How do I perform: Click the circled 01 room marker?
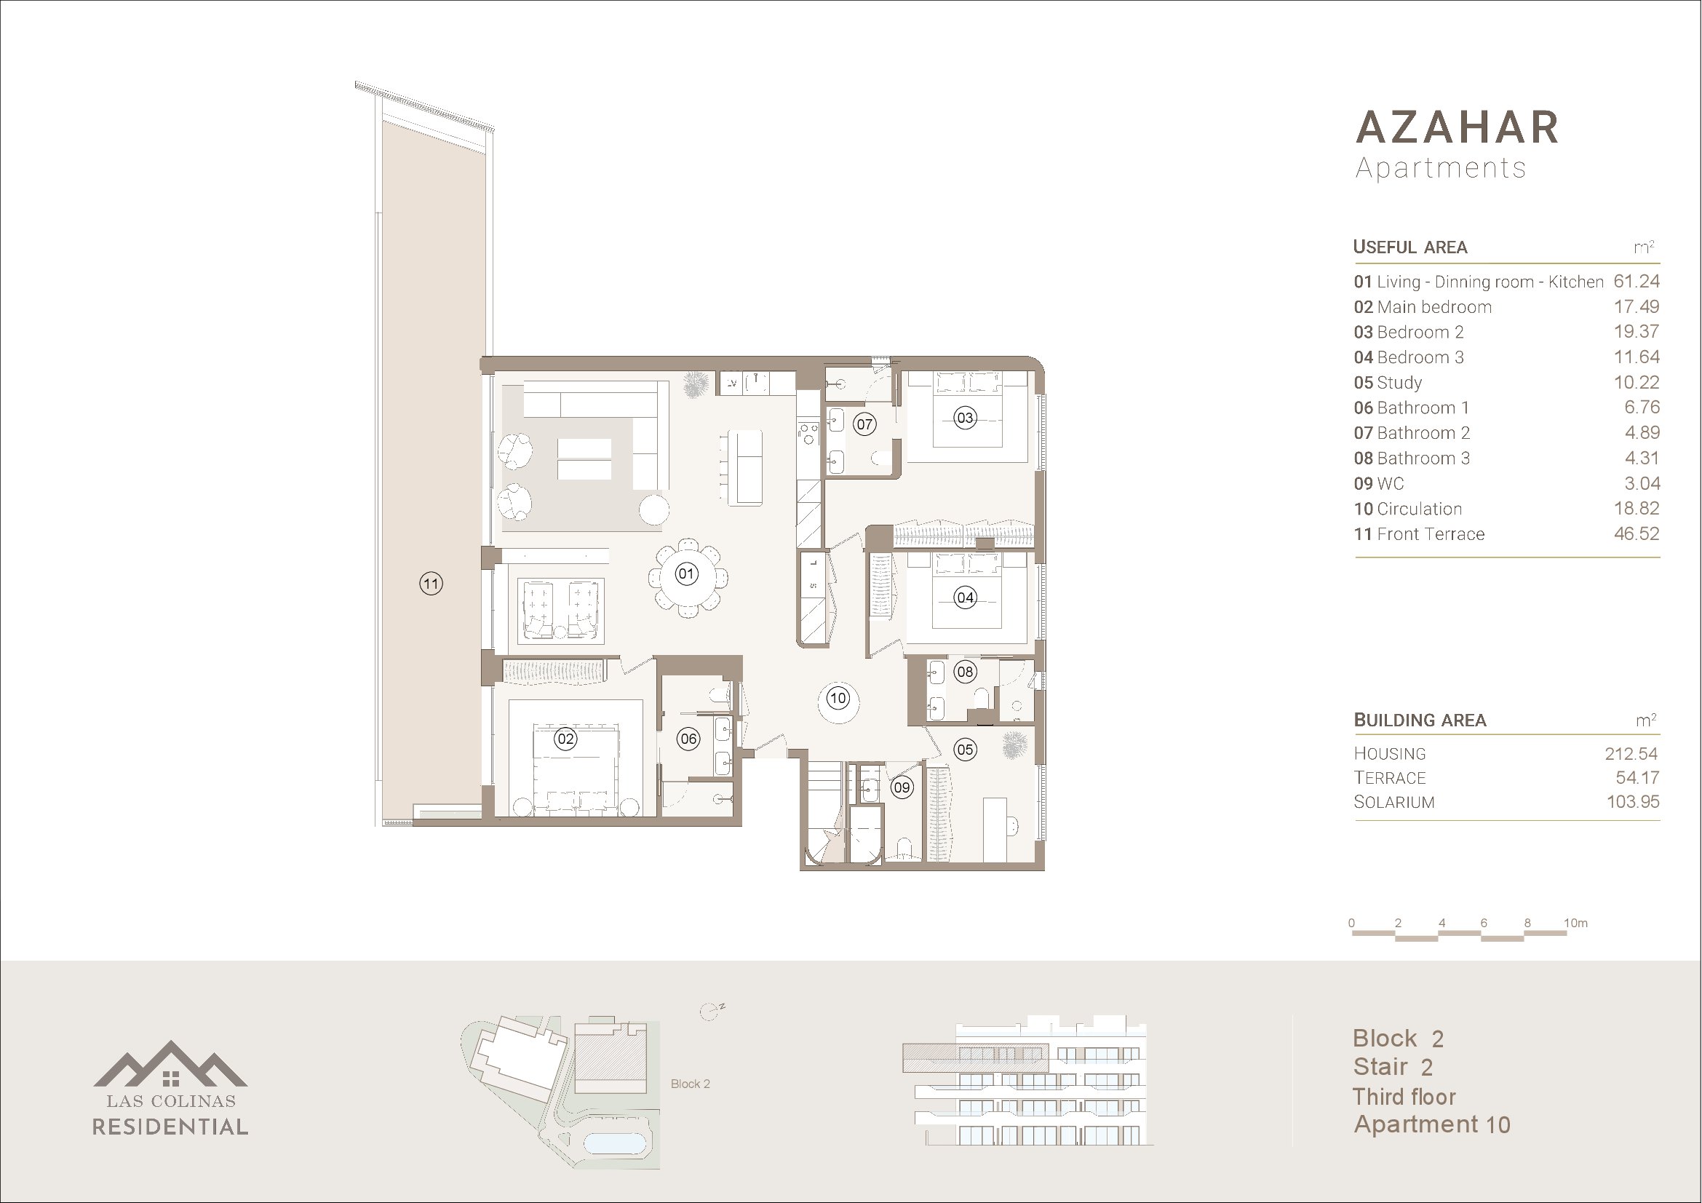(686, 573)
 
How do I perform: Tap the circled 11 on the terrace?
(432, 584)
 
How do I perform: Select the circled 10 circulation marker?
(838, 697)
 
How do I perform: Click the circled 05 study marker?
(965, 750)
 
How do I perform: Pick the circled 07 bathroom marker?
(864, 424)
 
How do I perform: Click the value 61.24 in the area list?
(1636, 282)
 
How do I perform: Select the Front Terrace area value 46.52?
(1636, 533)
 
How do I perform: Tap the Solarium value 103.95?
(1632, 802)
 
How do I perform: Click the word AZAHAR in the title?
(1458, 127)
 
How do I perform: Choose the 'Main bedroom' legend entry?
(1433, 307)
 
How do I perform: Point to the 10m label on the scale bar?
(1576, 923)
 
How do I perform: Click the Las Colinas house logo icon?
(170, 1065)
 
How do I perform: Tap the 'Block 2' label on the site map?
(690, 1084)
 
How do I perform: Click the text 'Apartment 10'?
(1432, 1125)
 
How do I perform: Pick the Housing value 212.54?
(1631, 754)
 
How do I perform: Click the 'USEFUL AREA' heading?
(1410, 247)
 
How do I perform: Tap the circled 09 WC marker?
(902, 787)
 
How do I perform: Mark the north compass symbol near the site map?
(711, 1012)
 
